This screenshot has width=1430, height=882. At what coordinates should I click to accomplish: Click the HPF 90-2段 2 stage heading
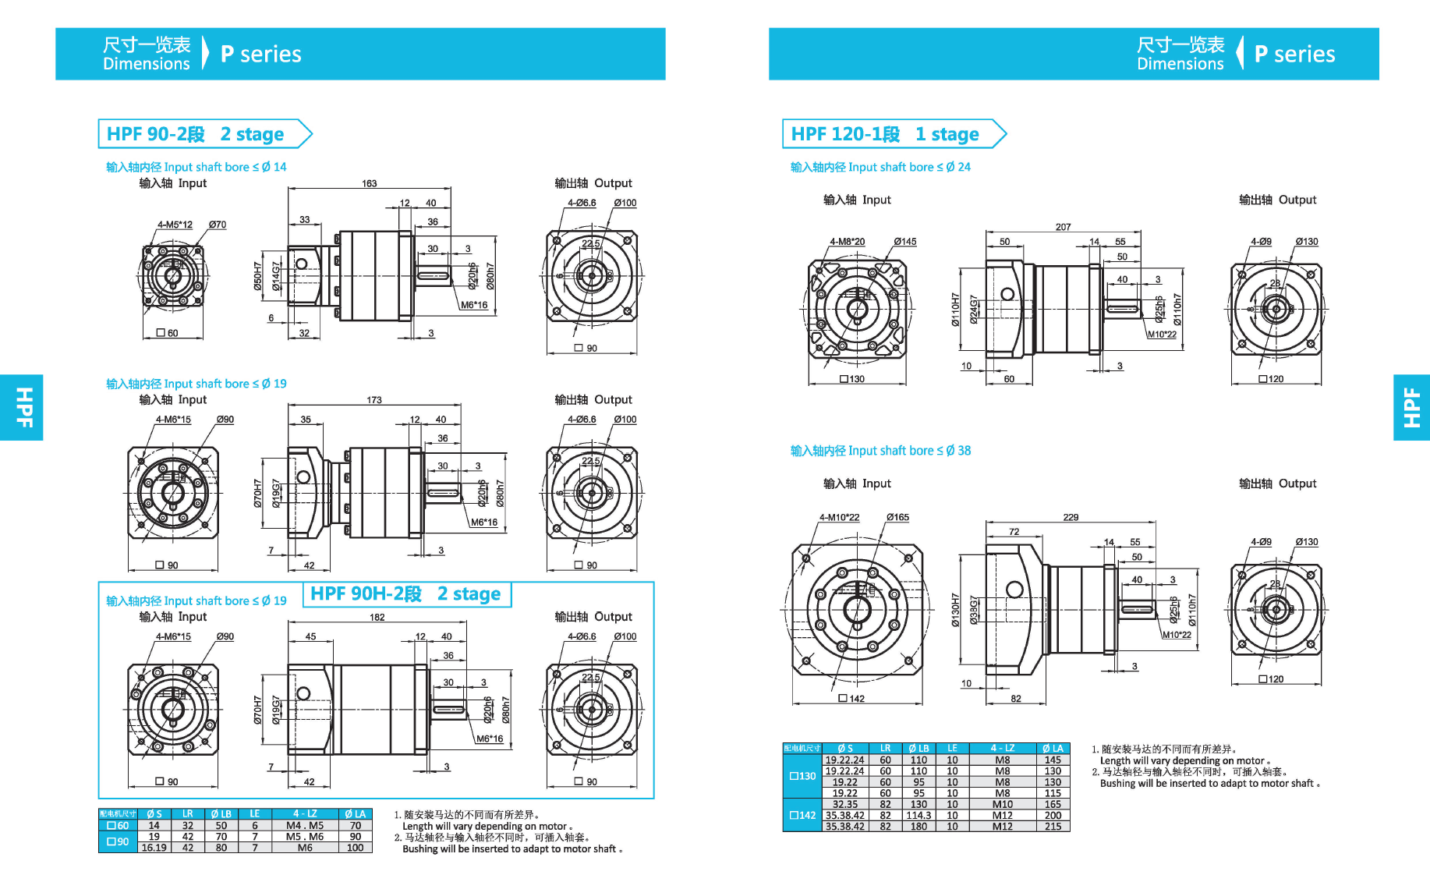click(x=195, y=134)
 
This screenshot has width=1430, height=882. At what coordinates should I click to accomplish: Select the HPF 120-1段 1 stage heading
click(x=884, y=134)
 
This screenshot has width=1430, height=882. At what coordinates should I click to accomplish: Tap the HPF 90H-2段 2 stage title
click(x=405, y=594)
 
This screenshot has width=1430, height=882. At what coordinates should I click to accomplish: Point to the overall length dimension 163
click(x=369, y=184)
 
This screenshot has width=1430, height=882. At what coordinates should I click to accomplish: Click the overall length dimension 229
click(x=1071, y=517)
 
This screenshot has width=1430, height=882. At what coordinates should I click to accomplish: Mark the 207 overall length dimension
click(x=1063, y=227)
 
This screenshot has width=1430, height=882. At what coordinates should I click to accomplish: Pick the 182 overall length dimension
click(x=377, y=618)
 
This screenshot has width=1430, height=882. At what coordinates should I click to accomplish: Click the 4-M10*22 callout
click(x=839, y=517)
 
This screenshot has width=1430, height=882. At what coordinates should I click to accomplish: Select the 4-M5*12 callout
click(x=175, y=225)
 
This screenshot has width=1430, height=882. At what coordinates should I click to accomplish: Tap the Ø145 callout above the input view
click(x=904, y=242)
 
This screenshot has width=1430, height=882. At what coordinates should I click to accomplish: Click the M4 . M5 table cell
click(x=304, y=825)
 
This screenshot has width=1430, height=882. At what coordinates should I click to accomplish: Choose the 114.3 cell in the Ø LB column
click(x=919, y=815)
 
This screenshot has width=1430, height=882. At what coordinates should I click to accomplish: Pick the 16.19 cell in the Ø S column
click(x=154, y=848)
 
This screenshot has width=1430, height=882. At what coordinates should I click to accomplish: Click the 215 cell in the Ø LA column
click(x=1053, y=826)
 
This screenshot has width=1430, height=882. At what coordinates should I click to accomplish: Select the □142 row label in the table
click(x=802, y=815)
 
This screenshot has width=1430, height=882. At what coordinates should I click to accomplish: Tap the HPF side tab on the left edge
click(x=22, y=407)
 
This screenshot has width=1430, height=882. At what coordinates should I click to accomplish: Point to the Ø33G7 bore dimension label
click(x=973, y=609)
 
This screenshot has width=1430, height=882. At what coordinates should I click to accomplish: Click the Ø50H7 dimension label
click(x=257, y=276)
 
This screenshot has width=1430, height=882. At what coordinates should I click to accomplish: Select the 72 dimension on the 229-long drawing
click(x=1014, y=532)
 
